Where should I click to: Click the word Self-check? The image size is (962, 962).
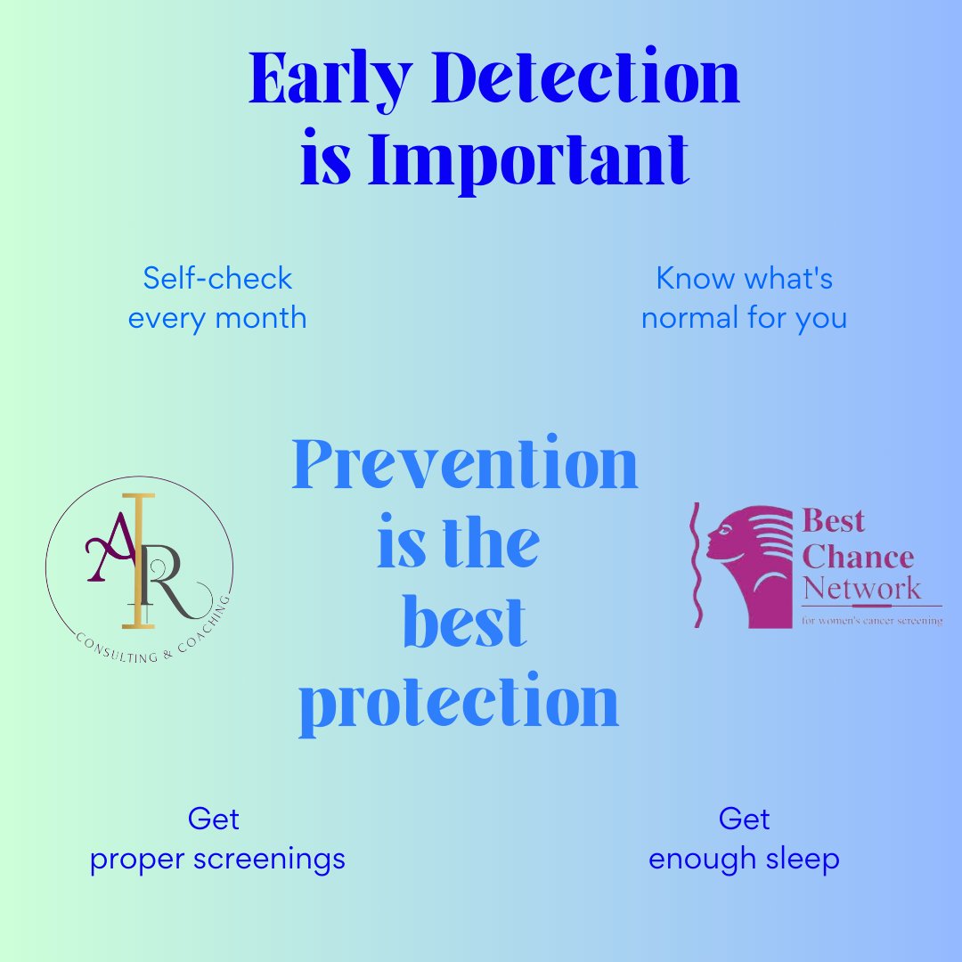coord(217,279)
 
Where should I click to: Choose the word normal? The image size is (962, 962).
coord(692,318)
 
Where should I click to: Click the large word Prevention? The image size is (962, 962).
coord(465,464)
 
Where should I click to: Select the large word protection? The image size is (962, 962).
coord(459,704)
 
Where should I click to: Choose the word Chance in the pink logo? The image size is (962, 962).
coord(858,558)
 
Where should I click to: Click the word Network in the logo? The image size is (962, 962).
coord(861,589)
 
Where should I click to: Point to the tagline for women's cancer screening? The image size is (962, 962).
coord(871,620)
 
